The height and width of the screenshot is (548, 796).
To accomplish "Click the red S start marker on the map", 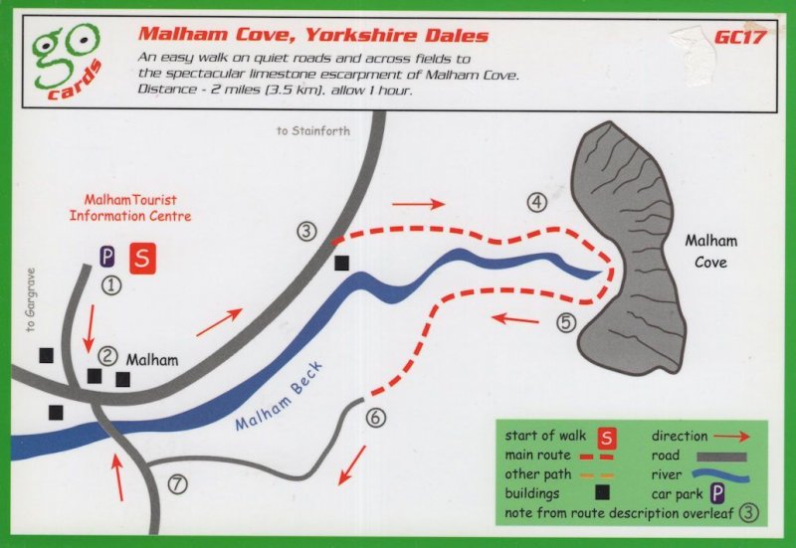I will click(143, 258).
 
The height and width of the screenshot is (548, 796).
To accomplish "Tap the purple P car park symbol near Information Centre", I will click(106, 257).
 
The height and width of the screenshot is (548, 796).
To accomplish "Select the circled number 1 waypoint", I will click(111, 285).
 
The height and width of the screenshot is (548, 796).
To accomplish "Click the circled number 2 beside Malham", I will click(108, 355).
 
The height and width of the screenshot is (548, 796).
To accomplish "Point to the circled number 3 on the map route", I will click(306, 232).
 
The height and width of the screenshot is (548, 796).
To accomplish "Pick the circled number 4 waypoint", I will click(537, 203).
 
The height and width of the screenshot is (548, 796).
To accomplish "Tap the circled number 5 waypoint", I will click(566, 322).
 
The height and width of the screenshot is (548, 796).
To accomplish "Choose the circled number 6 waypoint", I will click(375, 418).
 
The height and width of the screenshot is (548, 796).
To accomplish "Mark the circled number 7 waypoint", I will click(177, 485).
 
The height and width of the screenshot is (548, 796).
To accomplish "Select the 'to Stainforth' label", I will click(313, 131).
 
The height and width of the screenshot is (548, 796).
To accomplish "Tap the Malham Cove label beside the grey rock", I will click(705, 252).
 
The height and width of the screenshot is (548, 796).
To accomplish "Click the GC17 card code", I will click(738, 37).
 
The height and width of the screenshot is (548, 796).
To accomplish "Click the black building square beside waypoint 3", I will click(342, 263).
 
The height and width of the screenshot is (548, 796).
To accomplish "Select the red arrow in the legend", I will click(734, 436).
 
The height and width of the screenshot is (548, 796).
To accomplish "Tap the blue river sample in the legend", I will click(719, 474).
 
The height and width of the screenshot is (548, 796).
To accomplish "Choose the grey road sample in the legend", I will click(720, 457).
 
